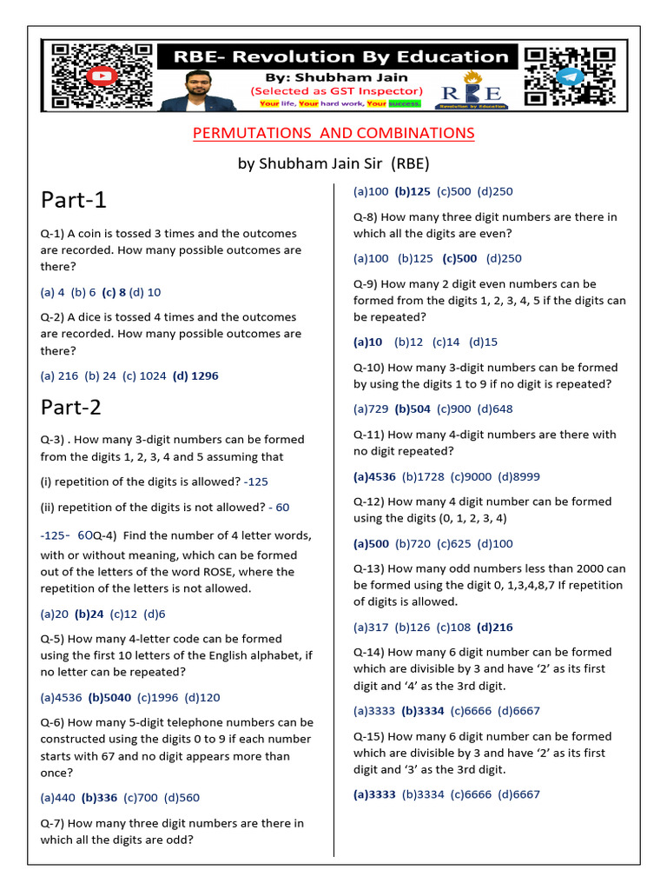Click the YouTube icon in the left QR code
point(103,76)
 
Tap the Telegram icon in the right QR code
point(568,76)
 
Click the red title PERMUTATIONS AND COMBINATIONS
point(333,133)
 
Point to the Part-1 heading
point(74,200)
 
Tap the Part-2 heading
point(74,407)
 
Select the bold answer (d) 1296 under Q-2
point(195,376)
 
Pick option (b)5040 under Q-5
point(109,697)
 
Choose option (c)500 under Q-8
point(460,258)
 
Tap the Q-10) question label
point(369,368)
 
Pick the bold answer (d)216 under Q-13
point(495,627)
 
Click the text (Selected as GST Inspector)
point(337,90)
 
